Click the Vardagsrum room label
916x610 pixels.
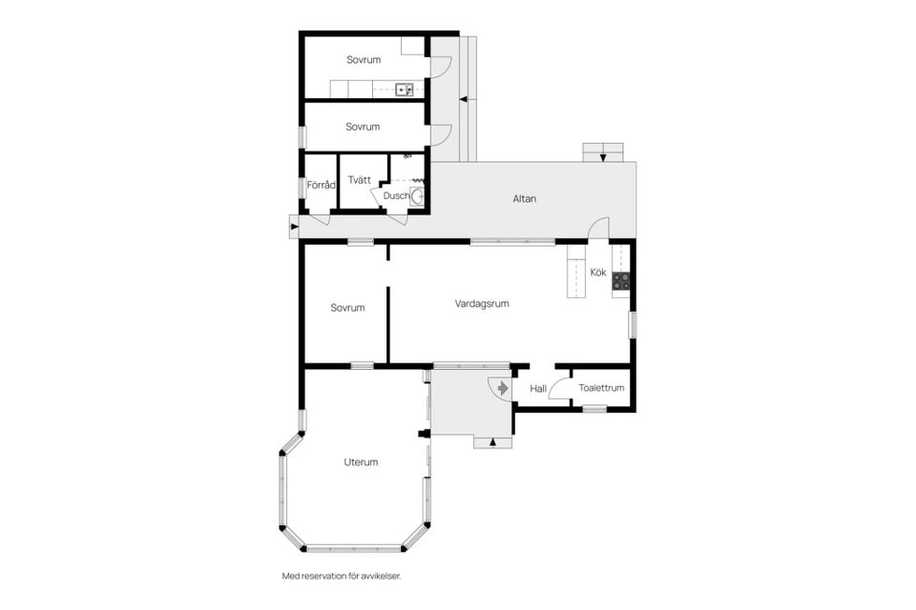(x=481, y=303)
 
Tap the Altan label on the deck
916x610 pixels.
(x=524, y=198)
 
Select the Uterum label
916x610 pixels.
(x=361, y=461)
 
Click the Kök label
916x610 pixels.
(x=598, y=272)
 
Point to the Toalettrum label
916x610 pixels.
(x=601, y=388)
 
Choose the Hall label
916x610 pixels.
(x=538, y=388)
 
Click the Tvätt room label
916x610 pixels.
(x=360, y=180)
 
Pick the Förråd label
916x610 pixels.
(x=322, y=185)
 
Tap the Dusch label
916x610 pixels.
(x=396, y=195)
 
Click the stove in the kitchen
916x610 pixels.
(x=621, y=281)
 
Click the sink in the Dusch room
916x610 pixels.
(x=417, y=196)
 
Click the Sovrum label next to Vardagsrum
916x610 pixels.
(x=347, y=308)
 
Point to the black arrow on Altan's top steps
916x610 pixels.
(x=603, y=157)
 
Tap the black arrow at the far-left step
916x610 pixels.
(x=294, y=226)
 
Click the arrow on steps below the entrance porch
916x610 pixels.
(x=492, y=442)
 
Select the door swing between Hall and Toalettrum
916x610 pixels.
(x=558, y=387)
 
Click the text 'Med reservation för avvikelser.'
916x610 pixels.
(x=342, y=576)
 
